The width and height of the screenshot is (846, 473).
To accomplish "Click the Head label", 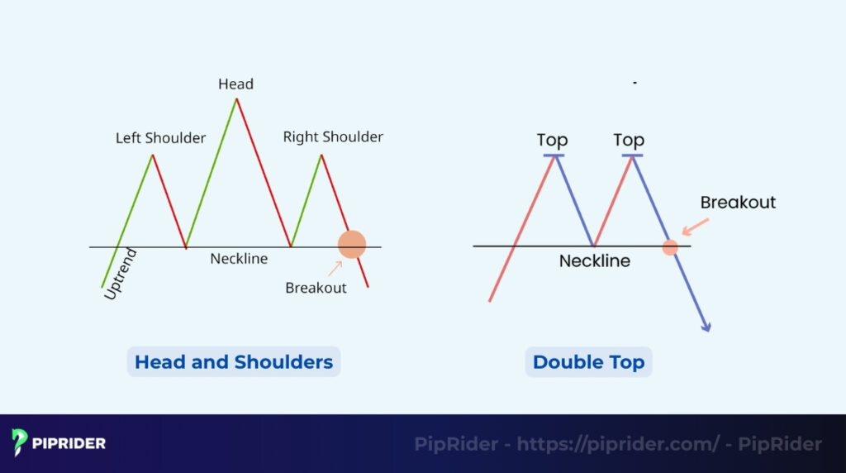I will [235, 84].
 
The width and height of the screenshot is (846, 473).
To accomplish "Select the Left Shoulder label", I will [160, 138].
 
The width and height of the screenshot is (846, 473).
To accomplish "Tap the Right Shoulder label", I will [333, 136].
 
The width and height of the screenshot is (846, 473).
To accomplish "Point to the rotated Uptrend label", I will [121, 274].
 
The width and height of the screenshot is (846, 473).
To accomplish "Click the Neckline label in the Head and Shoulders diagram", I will [239, 259].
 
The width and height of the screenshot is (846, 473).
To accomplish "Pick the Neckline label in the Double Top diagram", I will [594, 261].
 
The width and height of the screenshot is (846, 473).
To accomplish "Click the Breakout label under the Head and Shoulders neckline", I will [316, 288].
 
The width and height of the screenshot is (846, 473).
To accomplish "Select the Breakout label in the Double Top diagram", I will [738, 203].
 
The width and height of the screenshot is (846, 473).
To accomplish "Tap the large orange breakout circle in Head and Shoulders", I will [352, 244].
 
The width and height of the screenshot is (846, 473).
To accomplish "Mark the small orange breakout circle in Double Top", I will [670, 247].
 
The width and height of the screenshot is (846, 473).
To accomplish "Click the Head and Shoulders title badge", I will [234, 362].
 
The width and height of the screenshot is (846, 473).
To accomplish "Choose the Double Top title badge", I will [588, 362].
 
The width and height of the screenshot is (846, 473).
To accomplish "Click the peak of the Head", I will [237, 99].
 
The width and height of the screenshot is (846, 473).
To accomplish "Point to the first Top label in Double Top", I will [552, 140].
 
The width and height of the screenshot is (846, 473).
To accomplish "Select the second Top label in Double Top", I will [629, 140].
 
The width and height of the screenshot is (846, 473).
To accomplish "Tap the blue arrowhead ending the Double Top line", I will [706, 326].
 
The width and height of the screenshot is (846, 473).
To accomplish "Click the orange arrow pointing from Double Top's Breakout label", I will [695, 225].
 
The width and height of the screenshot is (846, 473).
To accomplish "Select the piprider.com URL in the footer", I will [618, 444].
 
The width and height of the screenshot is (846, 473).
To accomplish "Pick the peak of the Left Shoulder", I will [153, 155].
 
